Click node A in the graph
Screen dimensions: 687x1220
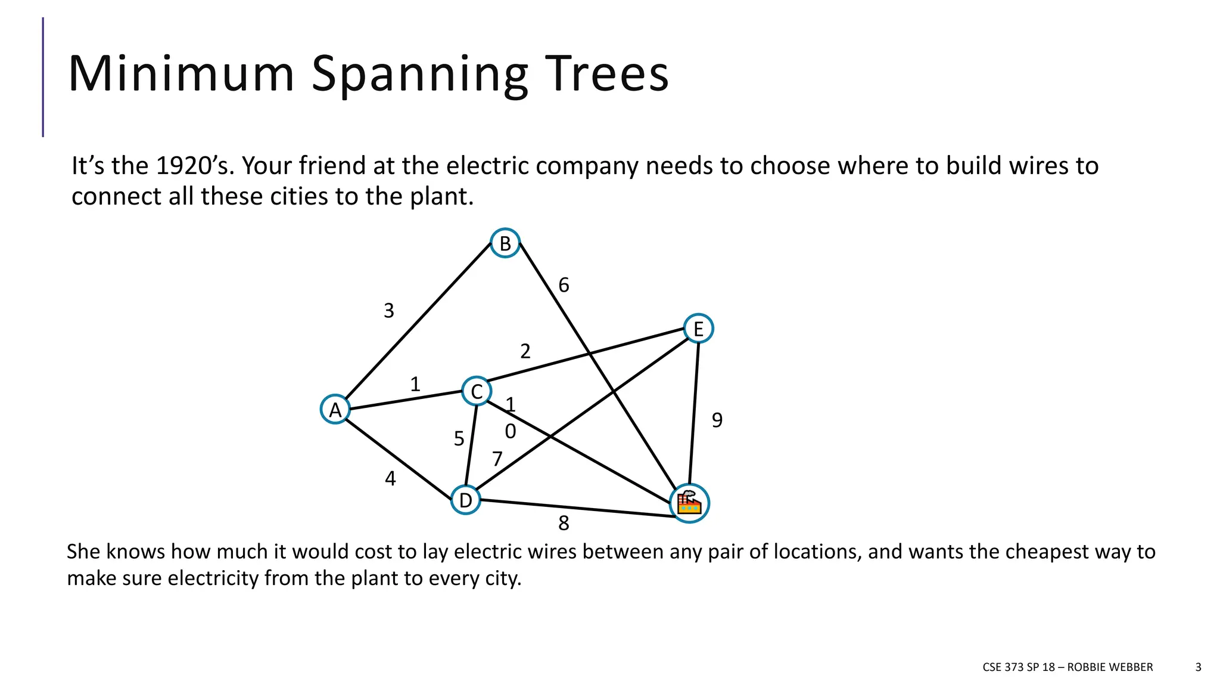pyautogui.click(x=335, y=410)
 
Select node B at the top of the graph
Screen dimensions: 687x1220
pyautogui.click(x=505, y=243)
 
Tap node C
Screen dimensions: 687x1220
pyautogui.click(x=477, y=392)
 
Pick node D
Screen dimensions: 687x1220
pyautogui.click(x=465, y=500)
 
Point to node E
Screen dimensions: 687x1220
pyautogui.click(x=698, y=329)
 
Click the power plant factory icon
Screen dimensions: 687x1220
pyautogui.click(x=689, y=503)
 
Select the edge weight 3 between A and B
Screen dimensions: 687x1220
pyautogui.click(x=388, y=311)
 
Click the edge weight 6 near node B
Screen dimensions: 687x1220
pyautogui.click(x=564, y=286)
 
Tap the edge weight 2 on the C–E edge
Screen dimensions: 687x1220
pyautogui.click(x=525, y=352)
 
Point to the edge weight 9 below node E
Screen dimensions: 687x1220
pyautogui.click(x=717, y=420)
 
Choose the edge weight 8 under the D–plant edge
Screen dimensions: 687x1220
pyautogui.click(x=564, y=524)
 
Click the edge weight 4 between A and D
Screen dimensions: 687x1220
pyautogui.click(x=390, y=479)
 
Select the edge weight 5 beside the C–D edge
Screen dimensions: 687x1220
pyautogui.click(x=459, y=439)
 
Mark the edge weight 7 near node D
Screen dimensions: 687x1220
pyautogui.click(x=497, y=459)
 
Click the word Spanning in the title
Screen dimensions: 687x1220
pyautogui.click(x=419, y=75)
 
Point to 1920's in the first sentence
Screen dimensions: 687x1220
pyautogui.click(x=193, y=166)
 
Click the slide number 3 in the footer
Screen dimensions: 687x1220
pyautogui.click(x=1198, y=667)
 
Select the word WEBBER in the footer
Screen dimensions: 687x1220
pyautogui.click(x=1131, y=667)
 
